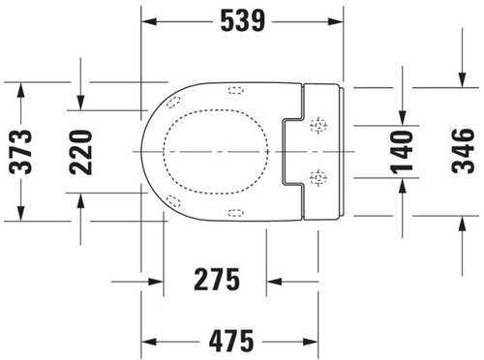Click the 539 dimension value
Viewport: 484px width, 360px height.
point(243,21)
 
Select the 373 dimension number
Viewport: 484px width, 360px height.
point(21,152)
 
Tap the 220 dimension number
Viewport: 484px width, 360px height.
point(81,152)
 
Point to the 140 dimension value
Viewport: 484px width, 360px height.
point(402,152)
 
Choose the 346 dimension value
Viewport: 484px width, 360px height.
point(464,151)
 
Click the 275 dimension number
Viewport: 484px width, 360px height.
point(217,280)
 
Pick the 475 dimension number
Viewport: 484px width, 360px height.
point(231,341)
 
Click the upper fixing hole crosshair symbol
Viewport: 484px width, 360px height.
point(318,125)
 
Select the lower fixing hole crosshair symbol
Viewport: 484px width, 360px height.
point(318,178)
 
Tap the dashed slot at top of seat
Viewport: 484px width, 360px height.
point(236,90)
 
